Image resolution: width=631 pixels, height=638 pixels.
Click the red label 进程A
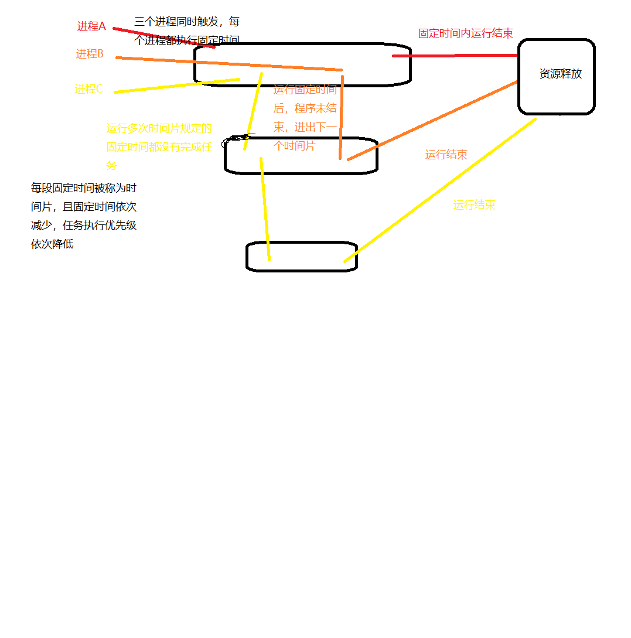click(x=91, y=26)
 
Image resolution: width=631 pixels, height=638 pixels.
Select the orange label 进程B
click(x=90, y=54)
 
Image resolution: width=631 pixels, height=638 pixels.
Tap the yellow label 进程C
click(x=88, y=89)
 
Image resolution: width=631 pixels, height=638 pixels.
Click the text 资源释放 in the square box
click(x=561, y=74)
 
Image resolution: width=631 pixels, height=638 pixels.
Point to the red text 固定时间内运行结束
click(x=466, y=33)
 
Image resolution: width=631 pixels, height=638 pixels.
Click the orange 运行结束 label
click(x=446, y=155)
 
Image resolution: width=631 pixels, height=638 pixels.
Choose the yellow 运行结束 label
click(x=474, y=205)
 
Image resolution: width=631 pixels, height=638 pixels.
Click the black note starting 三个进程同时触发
click(x=187, y=31)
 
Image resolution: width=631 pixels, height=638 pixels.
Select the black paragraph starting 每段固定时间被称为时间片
click(x=84, y=216)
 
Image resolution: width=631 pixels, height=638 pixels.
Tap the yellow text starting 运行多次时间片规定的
click(x=159, y=146)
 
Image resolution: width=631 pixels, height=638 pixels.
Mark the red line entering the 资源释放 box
click(x=454, y=56)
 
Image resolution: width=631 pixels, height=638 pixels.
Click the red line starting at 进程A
click(x=164, y=37)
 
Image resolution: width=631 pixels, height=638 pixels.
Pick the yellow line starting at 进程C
click(x=176, y=86)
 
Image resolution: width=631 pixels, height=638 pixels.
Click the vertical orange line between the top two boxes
click(x=341, y=117)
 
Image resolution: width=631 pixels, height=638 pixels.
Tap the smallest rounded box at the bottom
click(x=302, y=257)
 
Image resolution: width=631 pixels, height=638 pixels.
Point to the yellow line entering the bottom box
click(x=265, y=208)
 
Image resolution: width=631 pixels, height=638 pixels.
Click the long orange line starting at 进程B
click(x=228, y=64)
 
